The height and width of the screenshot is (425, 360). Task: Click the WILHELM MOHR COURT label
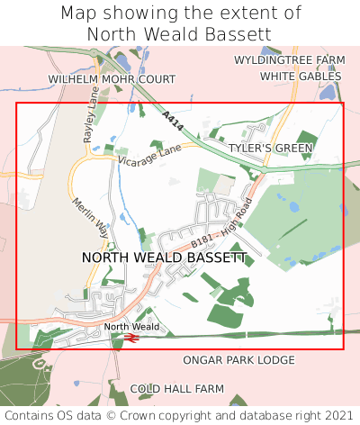[112, 79]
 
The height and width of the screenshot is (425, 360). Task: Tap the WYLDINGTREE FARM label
[289, 59]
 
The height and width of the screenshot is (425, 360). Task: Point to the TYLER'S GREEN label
[270, 148]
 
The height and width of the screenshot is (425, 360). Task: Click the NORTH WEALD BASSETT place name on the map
[164, 258]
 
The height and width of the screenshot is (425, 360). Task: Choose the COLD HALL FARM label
[176, 389]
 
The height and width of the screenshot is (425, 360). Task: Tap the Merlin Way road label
[90, 216]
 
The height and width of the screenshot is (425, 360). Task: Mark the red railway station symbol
[130, 338]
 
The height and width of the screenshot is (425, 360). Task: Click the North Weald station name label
[130, 326]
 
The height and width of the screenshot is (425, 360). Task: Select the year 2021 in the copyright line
[335, 415]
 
